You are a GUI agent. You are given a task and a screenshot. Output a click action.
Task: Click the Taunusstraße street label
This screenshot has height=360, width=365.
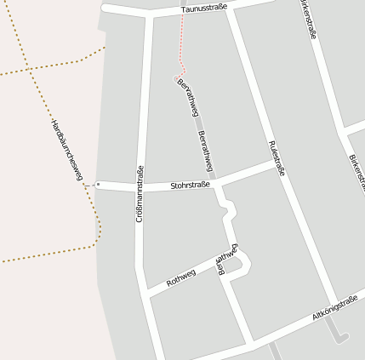click(x=205, y=9)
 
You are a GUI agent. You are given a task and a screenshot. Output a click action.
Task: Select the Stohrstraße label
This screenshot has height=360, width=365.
click(x=190, y=185)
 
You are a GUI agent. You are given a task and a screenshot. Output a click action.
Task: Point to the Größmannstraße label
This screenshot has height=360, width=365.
click(x=140, y=194)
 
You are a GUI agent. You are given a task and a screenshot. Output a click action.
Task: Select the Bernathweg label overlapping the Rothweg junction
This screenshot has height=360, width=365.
click(x=227, y=259)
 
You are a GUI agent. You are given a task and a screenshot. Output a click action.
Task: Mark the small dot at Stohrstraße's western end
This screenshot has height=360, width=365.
click(x=98, y=184)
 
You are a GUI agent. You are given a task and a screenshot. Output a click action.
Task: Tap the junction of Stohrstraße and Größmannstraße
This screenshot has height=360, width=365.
click(x=141, y=186)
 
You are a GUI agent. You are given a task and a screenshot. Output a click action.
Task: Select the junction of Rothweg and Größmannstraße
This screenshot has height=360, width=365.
click(x=145, y=294)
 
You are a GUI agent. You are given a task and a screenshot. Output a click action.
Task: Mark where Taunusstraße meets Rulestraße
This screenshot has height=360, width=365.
click(x=228, y=7)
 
